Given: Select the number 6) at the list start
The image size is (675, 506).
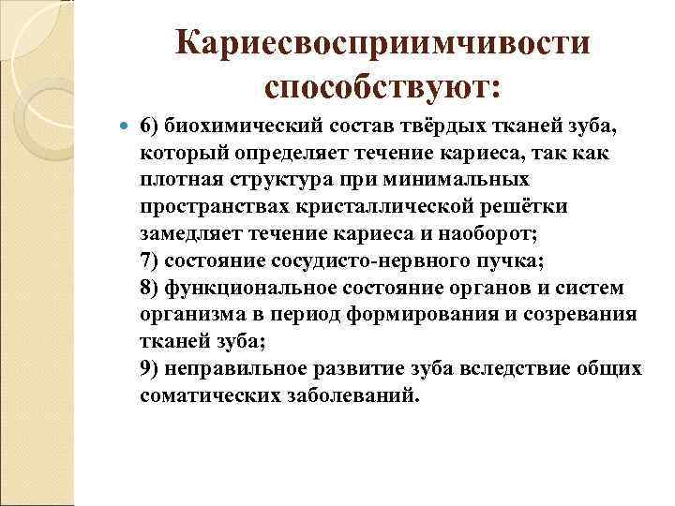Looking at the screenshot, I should (151, 126).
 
